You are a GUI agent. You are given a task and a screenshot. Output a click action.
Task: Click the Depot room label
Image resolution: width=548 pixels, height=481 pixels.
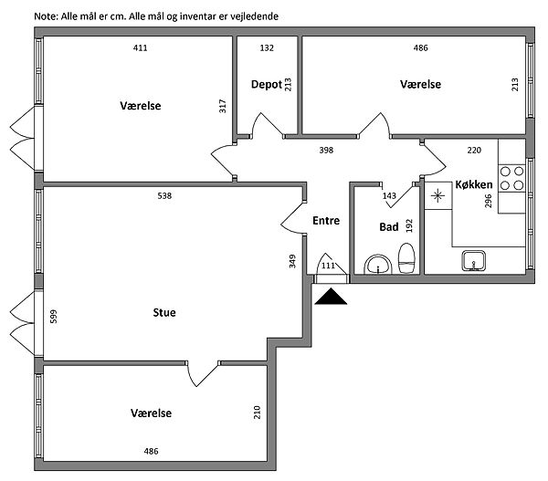(265, 85)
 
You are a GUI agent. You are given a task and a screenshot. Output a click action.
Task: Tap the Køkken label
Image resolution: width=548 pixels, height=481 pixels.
(474, 185)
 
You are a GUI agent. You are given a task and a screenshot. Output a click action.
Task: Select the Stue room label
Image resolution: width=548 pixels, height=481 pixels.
(164, 313)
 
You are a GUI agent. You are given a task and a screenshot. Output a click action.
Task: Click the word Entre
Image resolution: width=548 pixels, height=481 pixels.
(326, 221)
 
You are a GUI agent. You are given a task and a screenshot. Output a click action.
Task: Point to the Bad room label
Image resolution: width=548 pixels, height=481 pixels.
(388, 227)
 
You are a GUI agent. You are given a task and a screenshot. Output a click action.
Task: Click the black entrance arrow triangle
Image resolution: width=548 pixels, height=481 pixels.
(328, 296)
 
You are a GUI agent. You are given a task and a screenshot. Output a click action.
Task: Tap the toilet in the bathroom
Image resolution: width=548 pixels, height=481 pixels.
(407, 259)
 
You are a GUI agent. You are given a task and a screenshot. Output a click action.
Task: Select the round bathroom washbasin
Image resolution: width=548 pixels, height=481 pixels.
(377, 266)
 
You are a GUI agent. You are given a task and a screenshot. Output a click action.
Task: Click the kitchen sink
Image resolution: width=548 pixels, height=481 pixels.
(473, 261)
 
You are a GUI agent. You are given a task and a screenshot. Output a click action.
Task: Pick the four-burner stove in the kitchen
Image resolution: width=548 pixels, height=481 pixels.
(511, 177)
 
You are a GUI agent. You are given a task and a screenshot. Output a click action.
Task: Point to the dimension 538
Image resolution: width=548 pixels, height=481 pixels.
(164, 196)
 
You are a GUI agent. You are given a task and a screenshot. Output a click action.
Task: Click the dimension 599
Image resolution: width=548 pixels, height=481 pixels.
(54, 317)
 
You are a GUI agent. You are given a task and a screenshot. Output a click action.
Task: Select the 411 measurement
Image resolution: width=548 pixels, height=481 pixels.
(140, 47)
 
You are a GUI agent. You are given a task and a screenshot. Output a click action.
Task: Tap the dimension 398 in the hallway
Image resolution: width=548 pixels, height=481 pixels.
(325, 150)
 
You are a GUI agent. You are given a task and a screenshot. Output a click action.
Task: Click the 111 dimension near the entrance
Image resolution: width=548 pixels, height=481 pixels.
(328, 266)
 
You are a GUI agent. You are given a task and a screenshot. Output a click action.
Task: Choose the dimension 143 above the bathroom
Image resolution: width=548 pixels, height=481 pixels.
(389, 196)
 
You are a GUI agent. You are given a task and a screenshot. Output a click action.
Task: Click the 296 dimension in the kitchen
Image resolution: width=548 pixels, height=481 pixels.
(489, 201)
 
